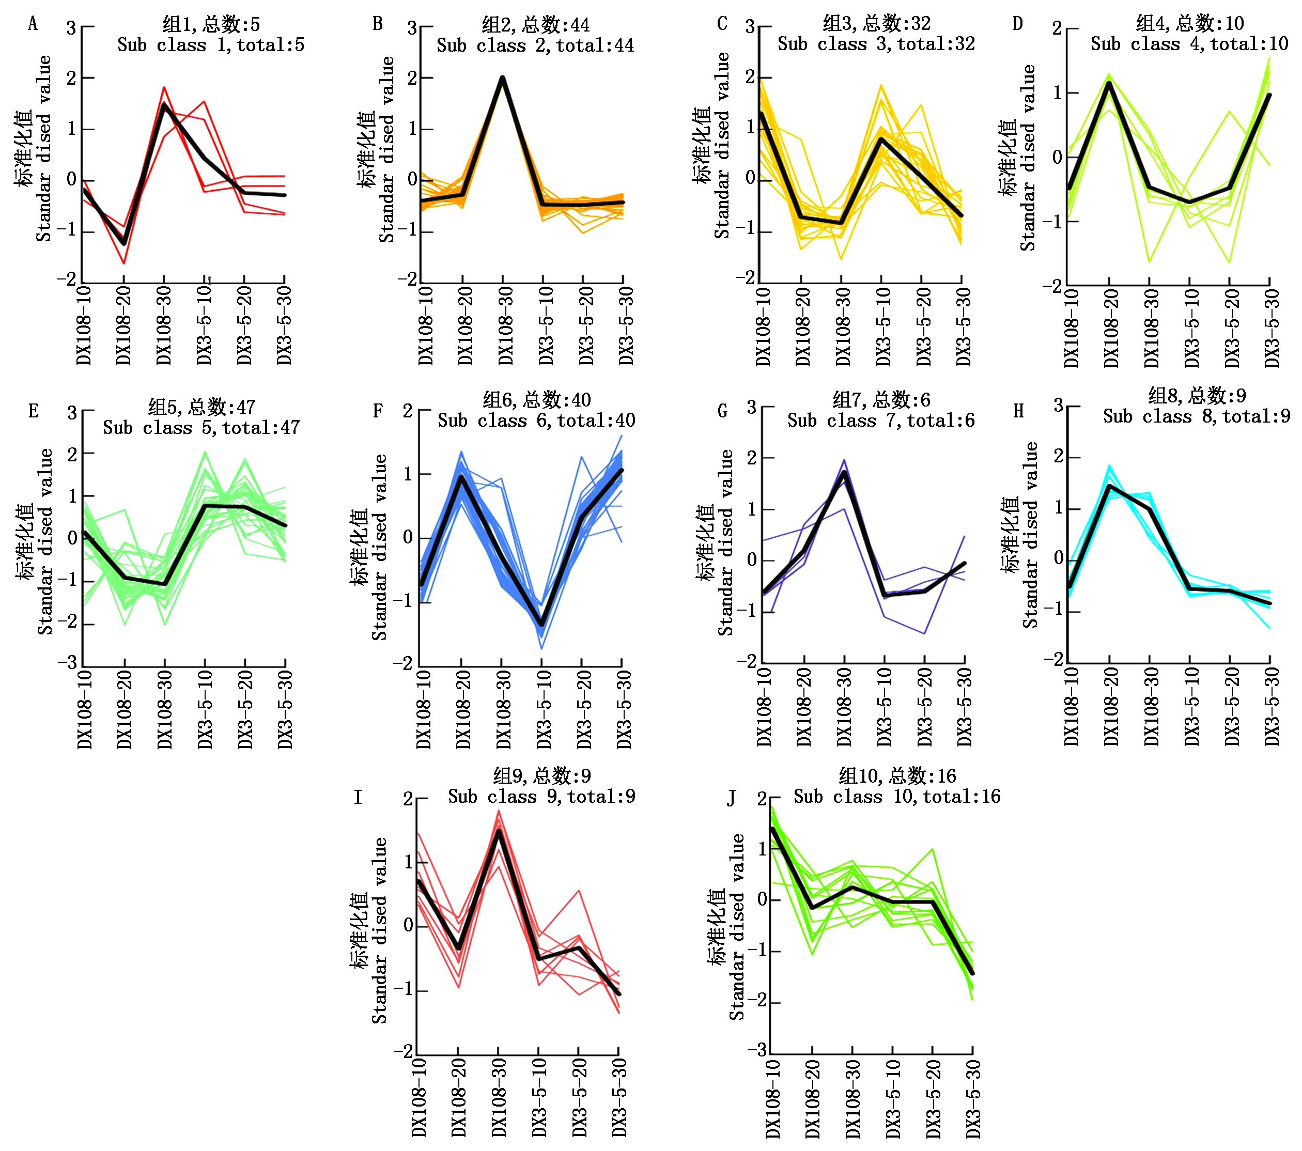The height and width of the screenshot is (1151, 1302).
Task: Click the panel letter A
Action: pyautogui.click(x=33, y=24)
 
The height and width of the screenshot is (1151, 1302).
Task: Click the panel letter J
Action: pyautogui.click(x=731, y=798)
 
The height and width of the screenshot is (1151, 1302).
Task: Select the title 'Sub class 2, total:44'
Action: pyautogui.click(x=535, y=46)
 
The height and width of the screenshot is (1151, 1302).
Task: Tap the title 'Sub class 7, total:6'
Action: pyautogui.click(x=880, y=421)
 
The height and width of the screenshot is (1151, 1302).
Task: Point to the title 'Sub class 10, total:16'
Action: pyautogui.click(x=896, y=796)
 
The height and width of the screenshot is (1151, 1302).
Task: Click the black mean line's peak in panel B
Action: pyautogui.click(x=503, y=79)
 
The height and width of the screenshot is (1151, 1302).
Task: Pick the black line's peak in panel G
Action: pyautogui.click(x=845, y=472)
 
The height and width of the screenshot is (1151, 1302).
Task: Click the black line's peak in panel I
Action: pyautogui.click(x=498, y=831)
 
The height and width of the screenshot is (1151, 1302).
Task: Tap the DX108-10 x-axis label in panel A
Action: pyautogui.click(x=84, y=325)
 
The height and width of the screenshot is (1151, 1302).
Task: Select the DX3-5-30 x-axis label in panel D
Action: pyautogui.click(x=1272, y=328)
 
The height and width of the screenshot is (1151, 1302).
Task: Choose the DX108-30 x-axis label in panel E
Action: pyautogui.click(x=164, y=708)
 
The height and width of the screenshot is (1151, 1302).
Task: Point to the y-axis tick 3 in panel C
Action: pyautogui.click(x=750, y=27)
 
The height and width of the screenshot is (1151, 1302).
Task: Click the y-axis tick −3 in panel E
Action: pyautogui.click(x=68, y=663)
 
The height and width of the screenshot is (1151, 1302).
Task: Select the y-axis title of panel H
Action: pyautogui.click(x=1020, y=535)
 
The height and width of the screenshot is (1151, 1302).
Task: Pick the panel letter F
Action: pyautogui.click(x=378, y=411)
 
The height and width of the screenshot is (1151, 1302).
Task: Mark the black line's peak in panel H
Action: pyautogui.click(x=1109, y=486)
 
